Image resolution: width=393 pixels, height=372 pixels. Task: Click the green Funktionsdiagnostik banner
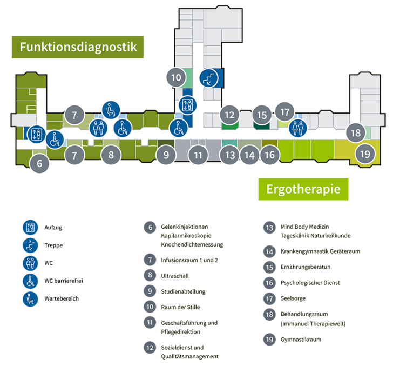pos(78,47)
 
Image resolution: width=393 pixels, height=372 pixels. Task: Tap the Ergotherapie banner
pos(303,189)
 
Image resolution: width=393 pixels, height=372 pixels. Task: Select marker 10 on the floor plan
pos(176,77)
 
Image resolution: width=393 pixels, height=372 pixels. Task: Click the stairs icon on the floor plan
pos(209,78)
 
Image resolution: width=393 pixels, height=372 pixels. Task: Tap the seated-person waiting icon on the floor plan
pos(111,110)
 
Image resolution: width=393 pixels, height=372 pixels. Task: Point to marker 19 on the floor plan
pos(365,154)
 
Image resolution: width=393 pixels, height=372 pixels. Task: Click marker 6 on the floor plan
pos(39,164)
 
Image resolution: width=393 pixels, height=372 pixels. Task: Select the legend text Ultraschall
pos(175,276)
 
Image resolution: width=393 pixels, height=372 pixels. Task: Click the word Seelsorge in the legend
pos(293,298)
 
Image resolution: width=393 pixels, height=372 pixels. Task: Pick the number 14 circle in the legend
pos(269,251)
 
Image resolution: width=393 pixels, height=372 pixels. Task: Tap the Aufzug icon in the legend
pos(30,228)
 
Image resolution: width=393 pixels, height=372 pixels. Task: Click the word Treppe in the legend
pos(53,245)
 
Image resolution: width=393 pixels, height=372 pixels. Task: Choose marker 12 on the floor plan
pos(229,115)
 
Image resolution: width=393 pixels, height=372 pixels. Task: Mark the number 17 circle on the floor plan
pos(284,112)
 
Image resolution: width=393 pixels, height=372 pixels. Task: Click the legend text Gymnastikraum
pos(301,340)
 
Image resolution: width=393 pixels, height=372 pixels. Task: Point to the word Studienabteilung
pos(183,291)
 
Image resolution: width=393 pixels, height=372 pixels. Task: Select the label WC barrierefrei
pos(64,281)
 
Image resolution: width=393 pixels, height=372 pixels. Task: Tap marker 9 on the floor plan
pos(166,155)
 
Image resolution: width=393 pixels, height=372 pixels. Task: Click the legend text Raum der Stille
pos(180,307)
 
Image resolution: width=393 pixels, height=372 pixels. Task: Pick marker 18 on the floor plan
pos(355,133)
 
